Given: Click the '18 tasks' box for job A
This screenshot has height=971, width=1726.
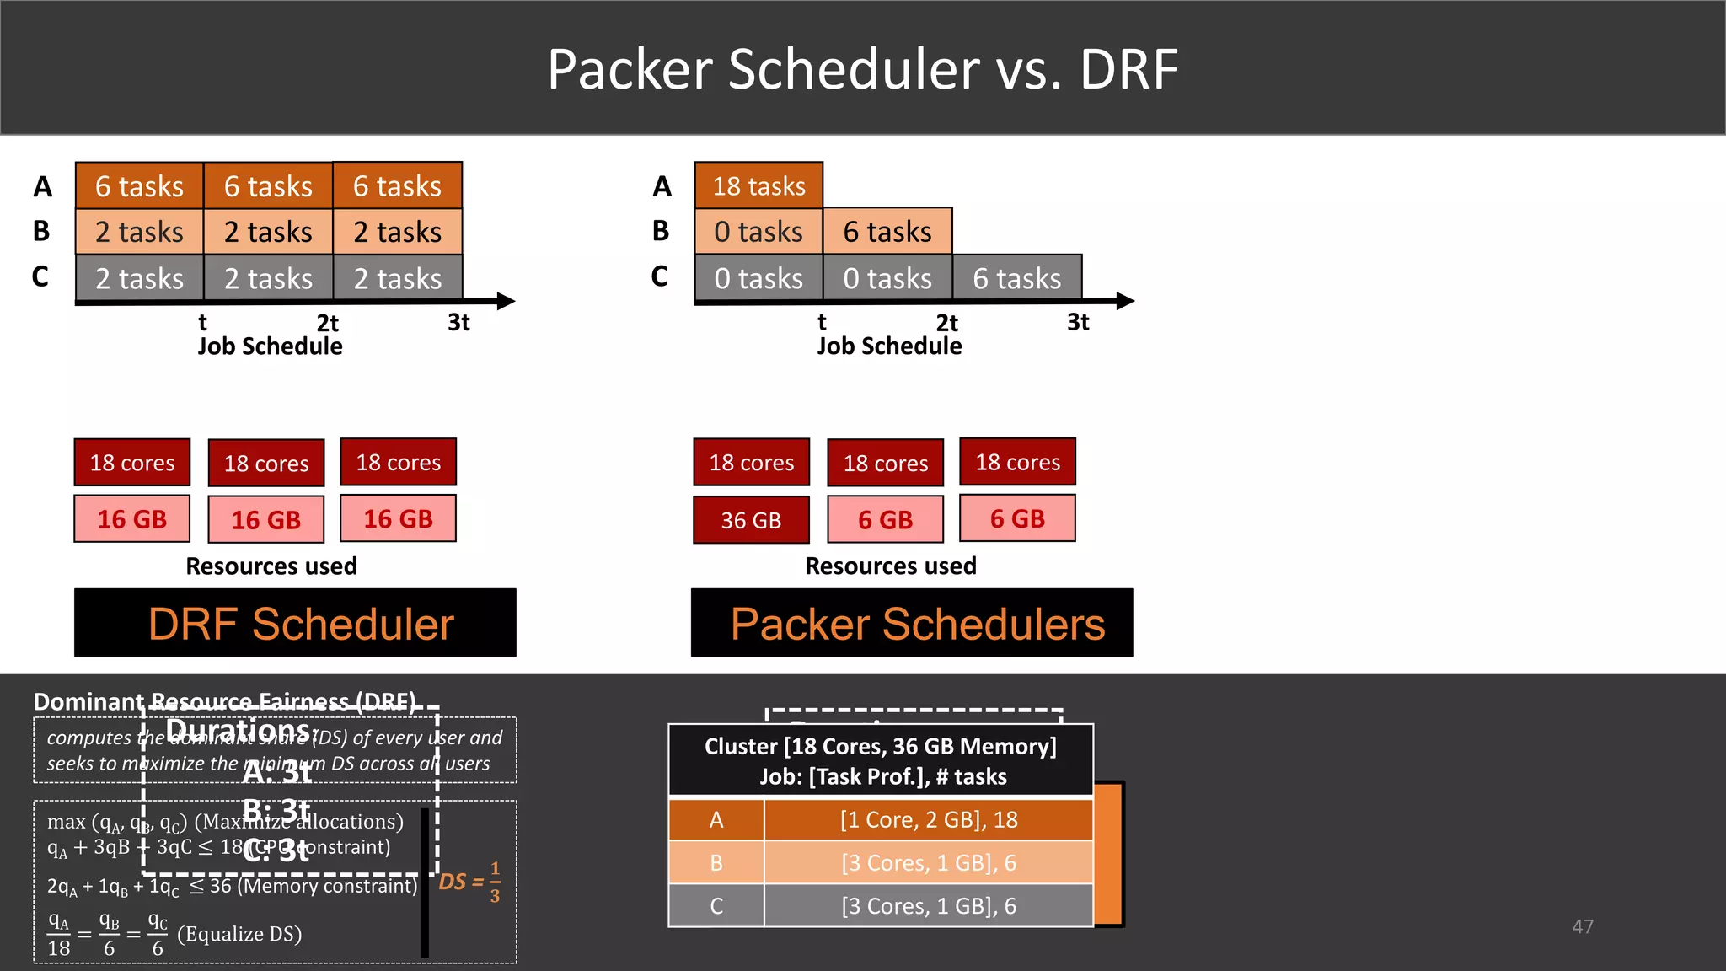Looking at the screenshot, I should coord(758,185).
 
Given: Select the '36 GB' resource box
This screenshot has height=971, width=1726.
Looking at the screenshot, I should coord(751,520).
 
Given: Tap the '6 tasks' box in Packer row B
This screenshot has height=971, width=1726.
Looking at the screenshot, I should coord(887,232).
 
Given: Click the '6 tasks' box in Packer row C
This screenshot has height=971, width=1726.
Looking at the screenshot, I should coord(1016,278).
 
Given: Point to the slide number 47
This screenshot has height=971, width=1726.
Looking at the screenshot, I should coord(1582,926).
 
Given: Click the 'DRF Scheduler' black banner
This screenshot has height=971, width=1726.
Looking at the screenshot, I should coord(295,624).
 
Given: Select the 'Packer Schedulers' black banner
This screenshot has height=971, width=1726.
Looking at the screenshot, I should coord(912,624).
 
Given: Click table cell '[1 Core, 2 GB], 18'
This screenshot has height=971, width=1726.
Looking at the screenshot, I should coord(928,819).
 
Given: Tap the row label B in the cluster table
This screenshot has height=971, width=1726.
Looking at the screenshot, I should coord(716,863).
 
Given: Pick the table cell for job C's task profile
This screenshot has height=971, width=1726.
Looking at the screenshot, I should coord(928,906).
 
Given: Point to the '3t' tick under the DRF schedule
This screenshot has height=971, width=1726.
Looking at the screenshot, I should coord(458,322).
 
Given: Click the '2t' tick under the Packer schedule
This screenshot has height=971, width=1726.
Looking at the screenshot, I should coord(946,323).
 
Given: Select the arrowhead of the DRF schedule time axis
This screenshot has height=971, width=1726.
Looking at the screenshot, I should coord(506,301).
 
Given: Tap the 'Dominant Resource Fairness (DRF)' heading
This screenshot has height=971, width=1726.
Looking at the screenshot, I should coord(223,701).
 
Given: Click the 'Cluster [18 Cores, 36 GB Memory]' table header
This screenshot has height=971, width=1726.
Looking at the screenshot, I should coord(880,747).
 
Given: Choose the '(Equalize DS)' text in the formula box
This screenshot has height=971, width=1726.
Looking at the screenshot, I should coord(239,934).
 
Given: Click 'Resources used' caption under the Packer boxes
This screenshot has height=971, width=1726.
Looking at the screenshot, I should coord(890,566).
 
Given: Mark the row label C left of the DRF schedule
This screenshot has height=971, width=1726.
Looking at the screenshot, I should coord(40,276).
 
